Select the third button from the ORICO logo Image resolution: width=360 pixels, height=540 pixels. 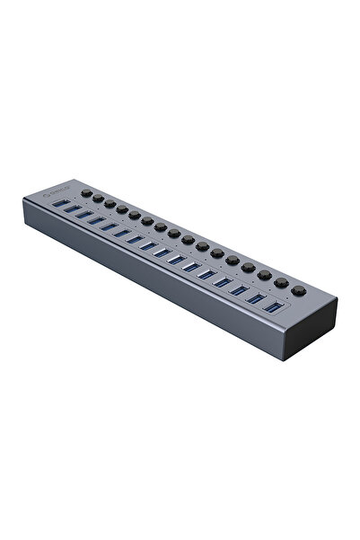pyautogui.click(x=109, y=206)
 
